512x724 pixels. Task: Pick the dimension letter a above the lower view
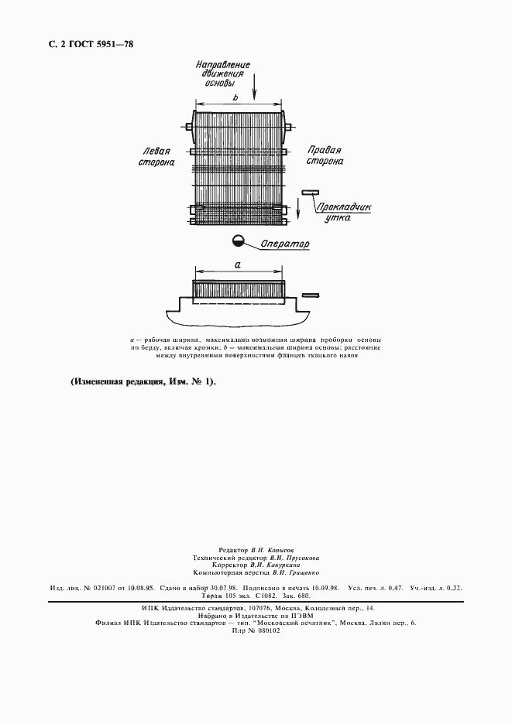click(x=238, y=265)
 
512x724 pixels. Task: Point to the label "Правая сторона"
click(x=325, y=156)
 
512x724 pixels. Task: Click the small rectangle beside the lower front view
click(x=311, y=295)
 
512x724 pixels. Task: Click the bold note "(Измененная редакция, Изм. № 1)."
click(x=143, y=382)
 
